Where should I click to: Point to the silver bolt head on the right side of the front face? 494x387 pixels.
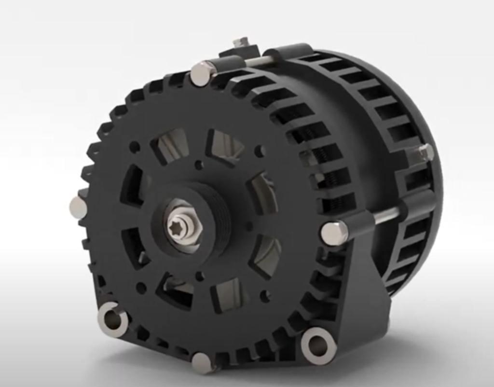click(x=334, y=233)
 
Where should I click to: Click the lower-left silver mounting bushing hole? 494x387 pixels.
click(x=112, y=319)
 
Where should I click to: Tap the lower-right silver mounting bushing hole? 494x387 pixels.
click(x=318, y=346)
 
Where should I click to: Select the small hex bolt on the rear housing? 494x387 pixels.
click(x=425, y=152)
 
